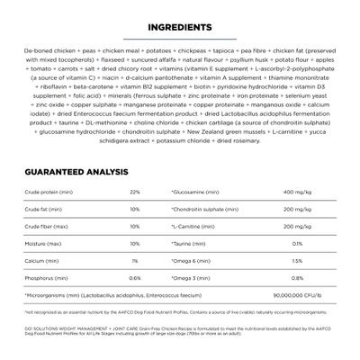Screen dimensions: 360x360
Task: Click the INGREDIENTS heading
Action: pos(180,28)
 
